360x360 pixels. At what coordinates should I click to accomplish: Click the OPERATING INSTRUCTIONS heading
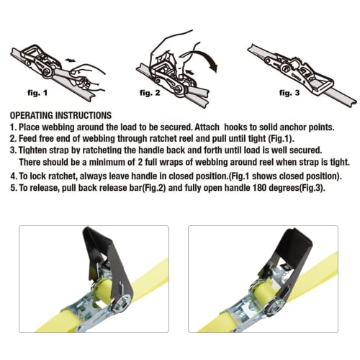[60, 115]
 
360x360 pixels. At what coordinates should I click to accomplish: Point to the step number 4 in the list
[14, 176]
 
